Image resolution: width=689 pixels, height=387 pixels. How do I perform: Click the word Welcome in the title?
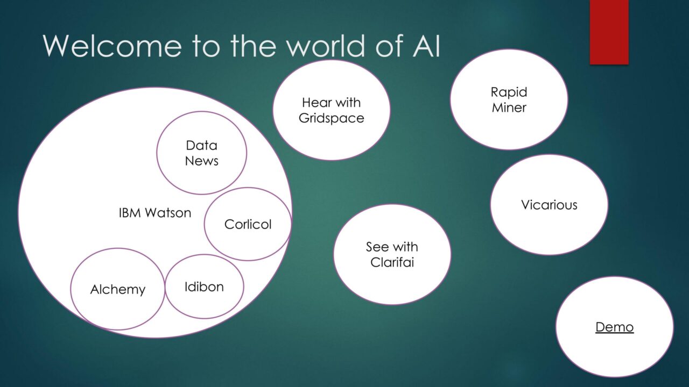click(113, 46)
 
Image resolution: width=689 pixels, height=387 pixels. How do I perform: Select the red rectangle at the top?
click(609, 32)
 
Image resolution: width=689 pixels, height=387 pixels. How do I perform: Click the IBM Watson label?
click(154, 212)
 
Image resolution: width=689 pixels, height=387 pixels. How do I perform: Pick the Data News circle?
click(201, 153)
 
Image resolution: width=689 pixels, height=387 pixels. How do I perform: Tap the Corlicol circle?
click(248, 224)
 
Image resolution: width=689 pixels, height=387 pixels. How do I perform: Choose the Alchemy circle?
click(117, 289)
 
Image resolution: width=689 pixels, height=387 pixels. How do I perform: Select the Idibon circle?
click(204, 286)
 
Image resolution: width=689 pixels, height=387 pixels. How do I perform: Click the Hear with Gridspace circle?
click(331, 110)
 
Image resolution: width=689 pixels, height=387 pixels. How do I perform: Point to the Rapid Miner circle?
click(509, 99)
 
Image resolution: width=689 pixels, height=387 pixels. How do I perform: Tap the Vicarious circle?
click(549, 205)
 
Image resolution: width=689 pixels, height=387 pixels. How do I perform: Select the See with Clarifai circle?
click(392, 254)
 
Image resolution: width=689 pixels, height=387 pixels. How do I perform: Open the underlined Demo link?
click(615, 327)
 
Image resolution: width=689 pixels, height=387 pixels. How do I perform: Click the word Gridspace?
click(331, 118)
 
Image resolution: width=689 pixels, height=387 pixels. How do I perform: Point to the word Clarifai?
click(392, 262)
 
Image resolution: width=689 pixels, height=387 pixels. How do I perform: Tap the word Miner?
click(509, 107)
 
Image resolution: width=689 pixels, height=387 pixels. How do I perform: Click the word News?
click(201, 161)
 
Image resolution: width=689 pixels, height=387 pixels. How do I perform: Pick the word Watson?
click(168, 212)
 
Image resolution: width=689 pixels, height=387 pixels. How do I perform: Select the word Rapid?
click(509, 92)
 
